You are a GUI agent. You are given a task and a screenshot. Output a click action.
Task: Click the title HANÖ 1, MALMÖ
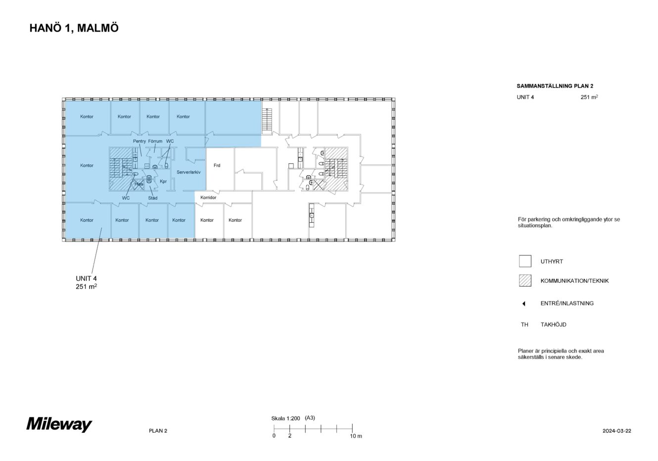(74, 28)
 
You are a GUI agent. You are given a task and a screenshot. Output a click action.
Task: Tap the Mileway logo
(59, 424)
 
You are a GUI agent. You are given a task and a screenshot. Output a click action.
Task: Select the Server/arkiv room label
(188, 172)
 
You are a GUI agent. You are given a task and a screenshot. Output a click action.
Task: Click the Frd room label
(217, 165)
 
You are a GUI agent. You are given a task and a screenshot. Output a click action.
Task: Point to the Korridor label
(208, 198)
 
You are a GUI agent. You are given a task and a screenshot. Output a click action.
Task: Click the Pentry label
(140, 141)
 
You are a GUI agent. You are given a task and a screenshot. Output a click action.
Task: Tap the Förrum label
(155, 141)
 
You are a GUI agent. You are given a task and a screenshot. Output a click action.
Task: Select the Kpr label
(163, 181)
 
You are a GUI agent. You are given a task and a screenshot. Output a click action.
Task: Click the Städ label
(153, 198)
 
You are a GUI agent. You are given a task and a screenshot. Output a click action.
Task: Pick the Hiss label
(139, 184)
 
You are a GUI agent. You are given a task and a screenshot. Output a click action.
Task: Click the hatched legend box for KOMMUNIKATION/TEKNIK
(525, 281)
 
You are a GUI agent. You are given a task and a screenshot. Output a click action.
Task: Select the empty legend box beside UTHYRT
(525, 261)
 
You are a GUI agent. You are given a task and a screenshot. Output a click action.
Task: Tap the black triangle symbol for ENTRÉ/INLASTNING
(524, 304)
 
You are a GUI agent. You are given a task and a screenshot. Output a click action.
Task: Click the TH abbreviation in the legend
(524, 325)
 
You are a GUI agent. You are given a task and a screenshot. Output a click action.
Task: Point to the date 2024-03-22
(616, 431)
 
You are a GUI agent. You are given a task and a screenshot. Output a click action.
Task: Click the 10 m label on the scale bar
(356, 436)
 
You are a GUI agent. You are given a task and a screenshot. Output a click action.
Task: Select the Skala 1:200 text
(286, 418)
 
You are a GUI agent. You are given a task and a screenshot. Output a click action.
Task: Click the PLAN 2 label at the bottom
(158, 431)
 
